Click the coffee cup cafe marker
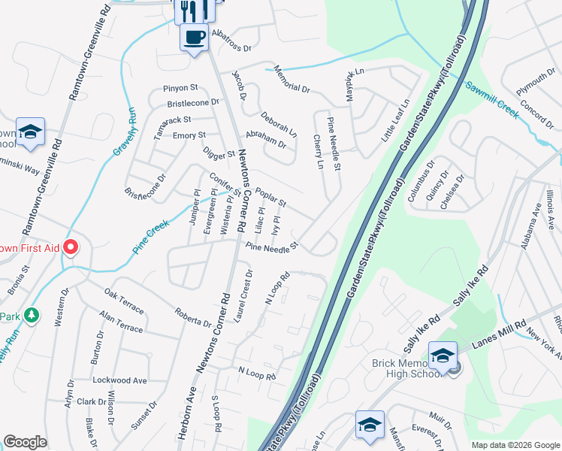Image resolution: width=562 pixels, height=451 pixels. (x=194, y=37)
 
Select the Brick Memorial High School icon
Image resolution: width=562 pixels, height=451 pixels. (x=443, y=356)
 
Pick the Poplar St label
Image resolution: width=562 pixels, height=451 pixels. (x=270, y=198)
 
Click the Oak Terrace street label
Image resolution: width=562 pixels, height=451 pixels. (x=124, y=300)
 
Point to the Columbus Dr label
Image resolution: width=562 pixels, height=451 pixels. (x=422, y=181)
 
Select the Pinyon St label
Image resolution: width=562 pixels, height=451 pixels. (x=180, y=88)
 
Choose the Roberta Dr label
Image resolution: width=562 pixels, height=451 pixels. (x=193, y=319)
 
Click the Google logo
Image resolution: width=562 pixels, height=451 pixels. (x=26, y=442)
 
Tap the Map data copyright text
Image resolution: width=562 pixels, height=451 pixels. (x=515, y=445)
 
